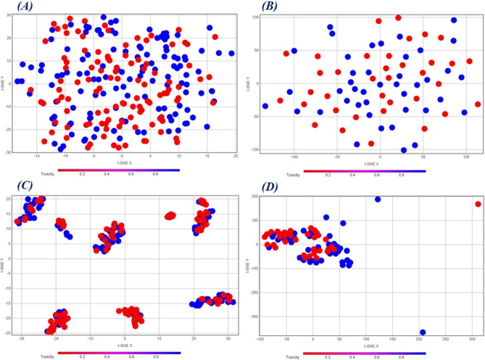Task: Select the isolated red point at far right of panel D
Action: [x=478, y=204]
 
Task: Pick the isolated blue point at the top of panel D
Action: [x=378, y=199]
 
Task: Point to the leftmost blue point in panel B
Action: [x=265, y=106]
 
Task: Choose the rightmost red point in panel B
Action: [x=478, y=104]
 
